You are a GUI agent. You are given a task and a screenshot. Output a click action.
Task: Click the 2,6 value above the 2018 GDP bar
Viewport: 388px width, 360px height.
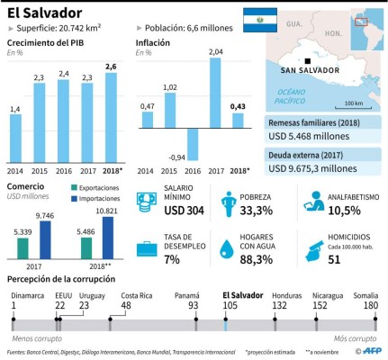[x=110, y=67]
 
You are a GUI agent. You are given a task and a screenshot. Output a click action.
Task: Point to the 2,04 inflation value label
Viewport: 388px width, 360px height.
[x=215, y=52]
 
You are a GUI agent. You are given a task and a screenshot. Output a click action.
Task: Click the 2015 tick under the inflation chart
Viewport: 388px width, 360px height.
[x=169, y=170]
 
